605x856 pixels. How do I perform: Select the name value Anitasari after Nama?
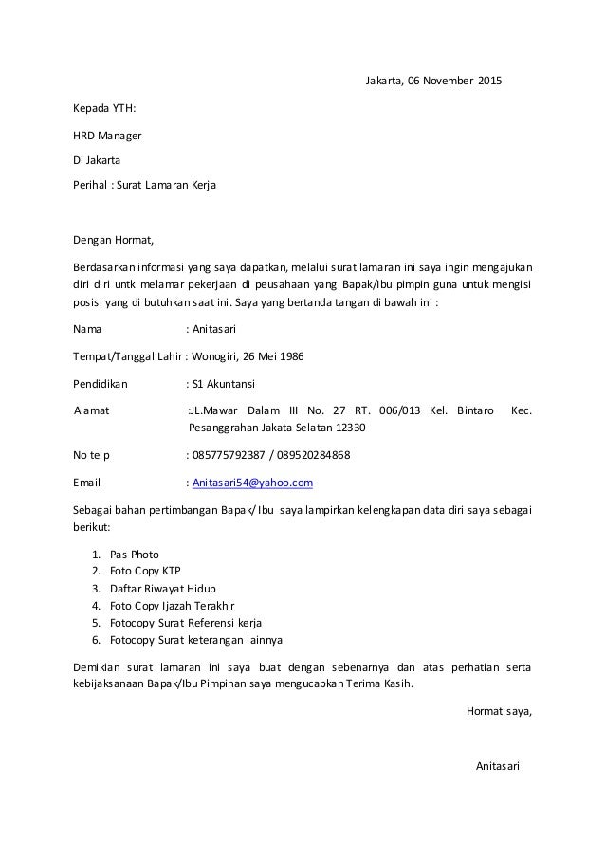(x=214, y=330)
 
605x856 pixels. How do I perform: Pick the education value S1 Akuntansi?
(x=223, y=384)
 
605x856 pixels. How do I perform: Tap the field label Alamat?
(x=92, y=411)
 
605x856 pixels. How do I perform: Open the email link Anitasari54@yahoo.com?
(x=252, y=483)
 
